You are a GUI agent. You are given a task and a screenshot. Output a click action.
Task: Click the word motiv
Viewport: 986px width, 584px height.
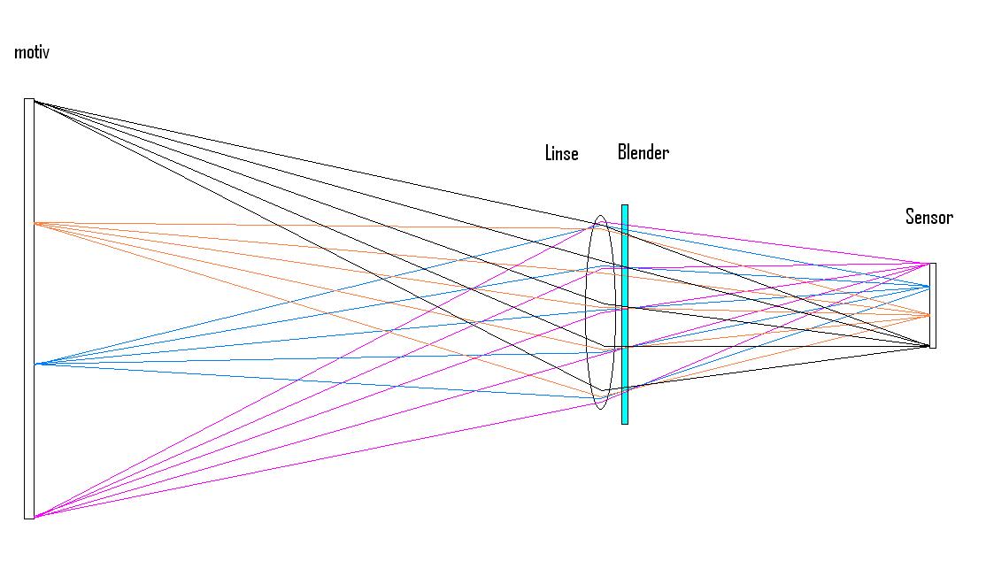[32, 53]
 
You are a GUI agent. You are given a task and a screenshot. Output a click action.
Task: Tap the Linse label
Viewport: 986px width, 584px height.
[561, 154]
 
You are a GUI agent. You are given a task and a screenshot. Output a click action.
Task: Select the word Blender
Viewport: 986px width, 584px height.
[643, 152]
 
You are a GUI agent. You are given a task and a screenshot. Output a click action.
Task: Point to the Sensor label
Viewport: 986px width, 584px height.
[928, 217]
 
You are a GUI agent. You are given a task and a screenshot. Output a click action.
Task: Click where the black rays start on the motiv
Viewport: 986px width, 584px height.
[35, 101]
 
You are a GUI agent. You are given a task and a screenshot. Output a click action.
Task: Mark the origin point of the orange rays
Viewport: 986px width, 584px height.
[35, 223]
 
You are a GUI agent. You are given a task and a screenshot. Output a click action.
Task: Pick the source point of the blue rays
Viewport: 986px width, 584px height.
[35, 364]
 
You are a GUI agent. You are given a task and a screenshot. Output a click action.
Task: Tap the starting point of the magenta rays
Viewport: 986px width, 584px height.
[35, 516]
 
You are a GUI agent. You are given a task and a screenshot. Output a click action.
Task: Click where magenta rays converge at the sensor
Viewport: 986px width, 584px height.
[929, 264]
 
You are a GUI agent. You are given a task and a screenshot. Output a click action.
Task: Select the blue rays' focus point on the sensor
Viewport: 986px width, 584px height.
[929, 286]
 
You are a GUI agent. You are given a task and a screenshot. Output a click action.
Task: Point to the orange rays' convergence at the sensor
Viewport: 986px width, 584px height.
[929, 315]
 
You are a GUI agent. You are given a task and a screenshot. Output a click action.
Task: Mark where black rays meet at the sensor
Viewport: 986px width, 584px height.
[929, 345]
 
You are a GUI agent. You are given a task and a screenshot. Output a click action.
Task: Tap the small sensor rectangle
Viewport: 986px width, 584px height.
[933, 305]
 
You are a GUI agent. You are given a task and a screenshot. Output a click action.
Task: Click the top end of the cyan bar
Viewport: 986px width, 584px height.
[625, 207]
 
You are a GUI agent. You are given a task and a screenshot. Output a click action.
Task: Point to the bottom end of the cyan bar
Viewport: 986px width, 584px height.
[625, 422]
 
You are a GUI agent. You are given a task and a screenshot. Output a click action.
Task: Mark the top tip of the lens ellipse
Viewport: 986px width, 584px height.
[600, 216]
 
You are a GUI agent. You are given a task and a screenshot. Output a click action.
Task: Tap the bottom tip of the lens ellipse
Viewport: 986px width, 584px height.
[600, 408]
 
